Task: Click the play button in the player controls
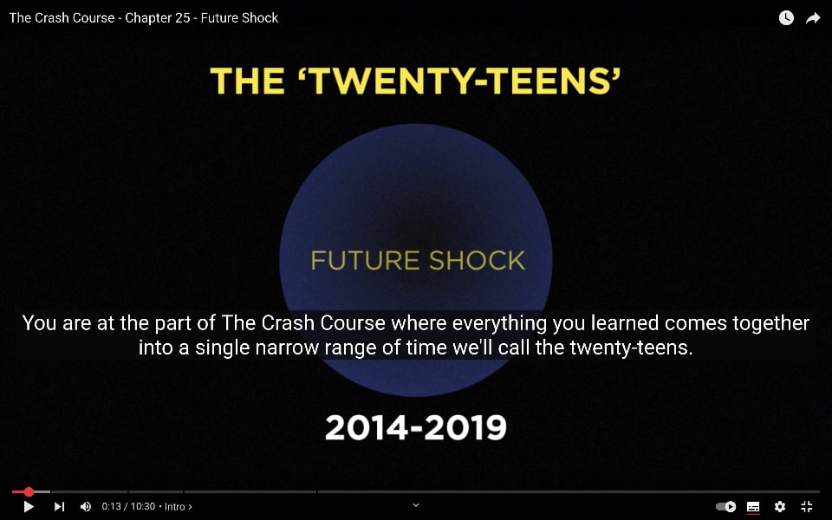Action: [x=29, y=507]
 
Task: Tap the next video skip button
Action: [x=60, y=507]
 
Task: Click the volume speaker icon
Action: [x=86, y=507]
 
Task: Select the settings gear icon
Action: [x=779, y=507]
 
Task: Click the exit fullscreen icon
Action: [x=807, y=507]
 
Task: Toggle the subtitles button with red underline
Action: [x=753, y=507]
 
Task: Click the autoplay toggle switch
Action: [x=726, y=507]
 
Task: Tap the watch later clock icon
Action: [x=786, y=18]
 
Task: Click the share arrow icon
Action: [x=813, y=18]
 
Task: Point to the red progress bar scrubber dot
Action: [x=29, y=492]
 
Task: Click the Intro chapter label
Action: [x=179, y=507]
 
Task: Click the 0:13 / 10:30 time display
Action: [x=128, y=506]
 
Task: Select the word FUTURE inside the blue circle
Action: [x=365, y=261]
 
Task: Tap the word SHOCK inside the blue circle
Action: [x=477, y=261]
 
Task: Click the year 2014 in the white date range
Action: [x=367, y=427]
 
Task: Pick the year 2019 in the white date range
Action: [x=466, y=427]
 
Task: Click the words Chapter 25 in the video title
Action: [x=158, y=18]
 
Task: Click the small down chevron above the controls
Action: [x=416, y=505]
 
